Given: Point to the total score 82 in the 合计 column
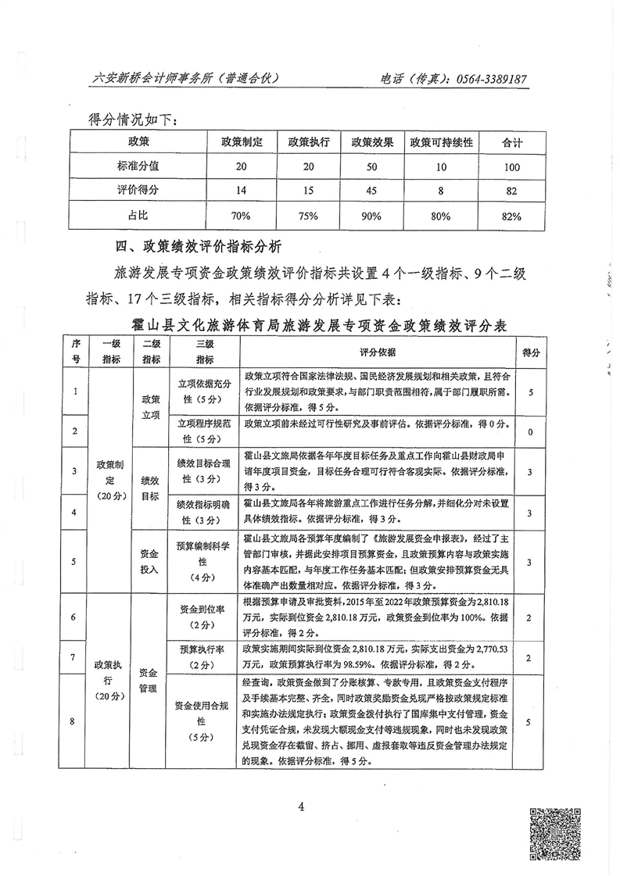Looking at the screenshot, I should tap(512, 191).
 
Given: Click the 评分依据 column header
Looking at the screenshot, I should tap(378, 351).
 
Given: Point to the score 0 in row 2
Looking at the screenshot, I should tap(531, 431).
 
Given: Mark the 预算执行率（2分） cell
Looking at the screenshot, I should tap(205, 657).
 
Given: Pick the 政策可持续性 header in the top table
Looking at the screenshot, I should tap(442, 143).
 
